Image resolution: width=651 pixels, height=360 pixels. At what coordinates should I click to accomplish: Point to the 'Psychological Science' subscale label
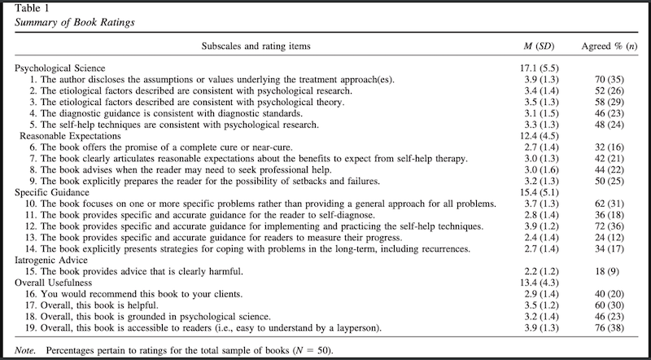[x=59, y=69]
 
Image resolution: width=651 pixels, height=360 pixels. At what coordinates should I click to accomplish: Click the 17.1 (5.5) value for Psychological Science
[x=537, y=69]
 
